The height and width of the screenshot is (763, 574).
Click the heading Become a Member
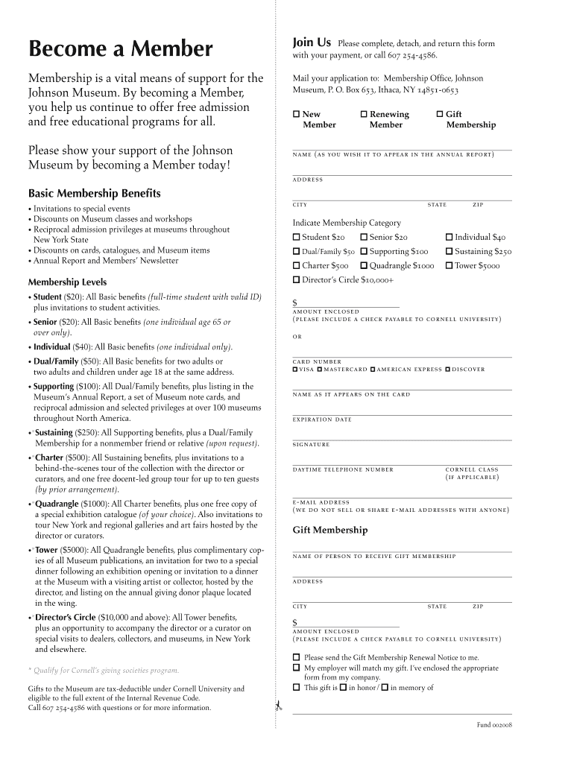121,49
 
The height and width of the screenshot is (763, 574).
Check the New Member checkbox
296,114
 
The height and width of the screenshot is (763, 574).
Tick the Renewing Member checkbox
364,114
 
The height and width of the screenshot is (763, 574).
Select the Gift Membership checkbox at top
439,114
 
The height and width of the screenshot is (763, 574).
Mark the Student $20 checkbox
296,237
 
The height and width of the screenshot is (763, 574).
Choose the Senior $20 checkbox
364,237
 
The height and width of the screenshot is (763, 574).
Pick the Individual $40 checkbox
449,237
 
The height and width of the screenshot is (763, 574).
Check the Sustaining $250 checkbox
449,251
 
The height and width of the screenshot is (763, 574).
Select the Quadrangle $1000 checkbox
364,265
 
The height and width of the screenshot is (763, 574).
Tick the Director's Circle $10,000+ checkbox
296,279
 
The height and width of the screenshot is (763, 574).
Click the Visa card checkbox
295,370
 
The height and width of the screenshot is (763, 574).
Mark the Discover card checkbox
447,370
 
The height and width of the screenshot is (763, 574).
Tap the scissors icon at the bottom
277,706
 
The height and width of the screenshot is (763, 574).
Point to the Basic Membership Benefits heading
94,194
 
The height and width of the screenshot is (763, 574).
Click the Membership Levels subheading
67,282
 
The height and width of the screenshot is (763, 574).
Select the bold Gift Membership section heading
329,531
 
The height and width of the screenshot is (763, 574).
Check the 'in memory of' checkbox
384,687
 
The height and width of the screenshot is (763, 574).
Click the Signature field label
311,445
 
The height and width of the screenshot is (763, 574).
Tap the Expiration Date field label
322,420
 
